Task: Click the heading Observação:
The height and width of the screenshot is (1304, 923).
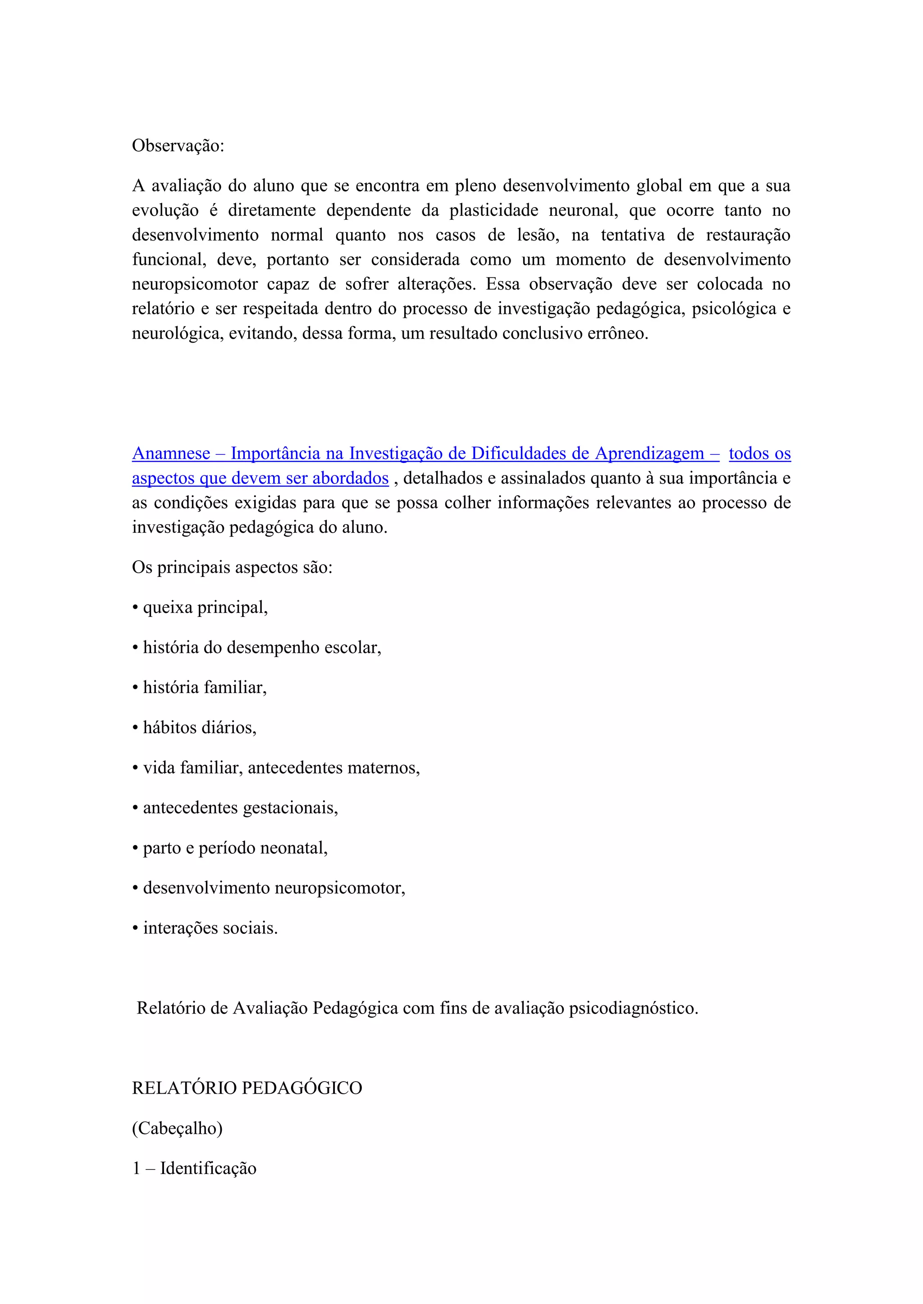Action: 178,146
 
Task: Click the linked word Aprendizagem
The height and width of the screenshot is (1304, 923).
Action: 649,454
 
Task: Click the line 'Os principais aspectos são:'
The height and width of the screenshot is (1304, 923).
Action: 232,567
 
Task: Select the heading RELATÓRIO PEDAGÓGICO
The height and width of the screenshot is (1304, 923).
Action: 247,1088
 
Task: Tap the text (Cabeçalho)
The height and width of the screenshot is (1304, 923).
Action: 177,1128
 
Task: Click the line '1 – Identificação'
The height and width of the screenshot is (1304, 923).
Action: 194,1168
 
